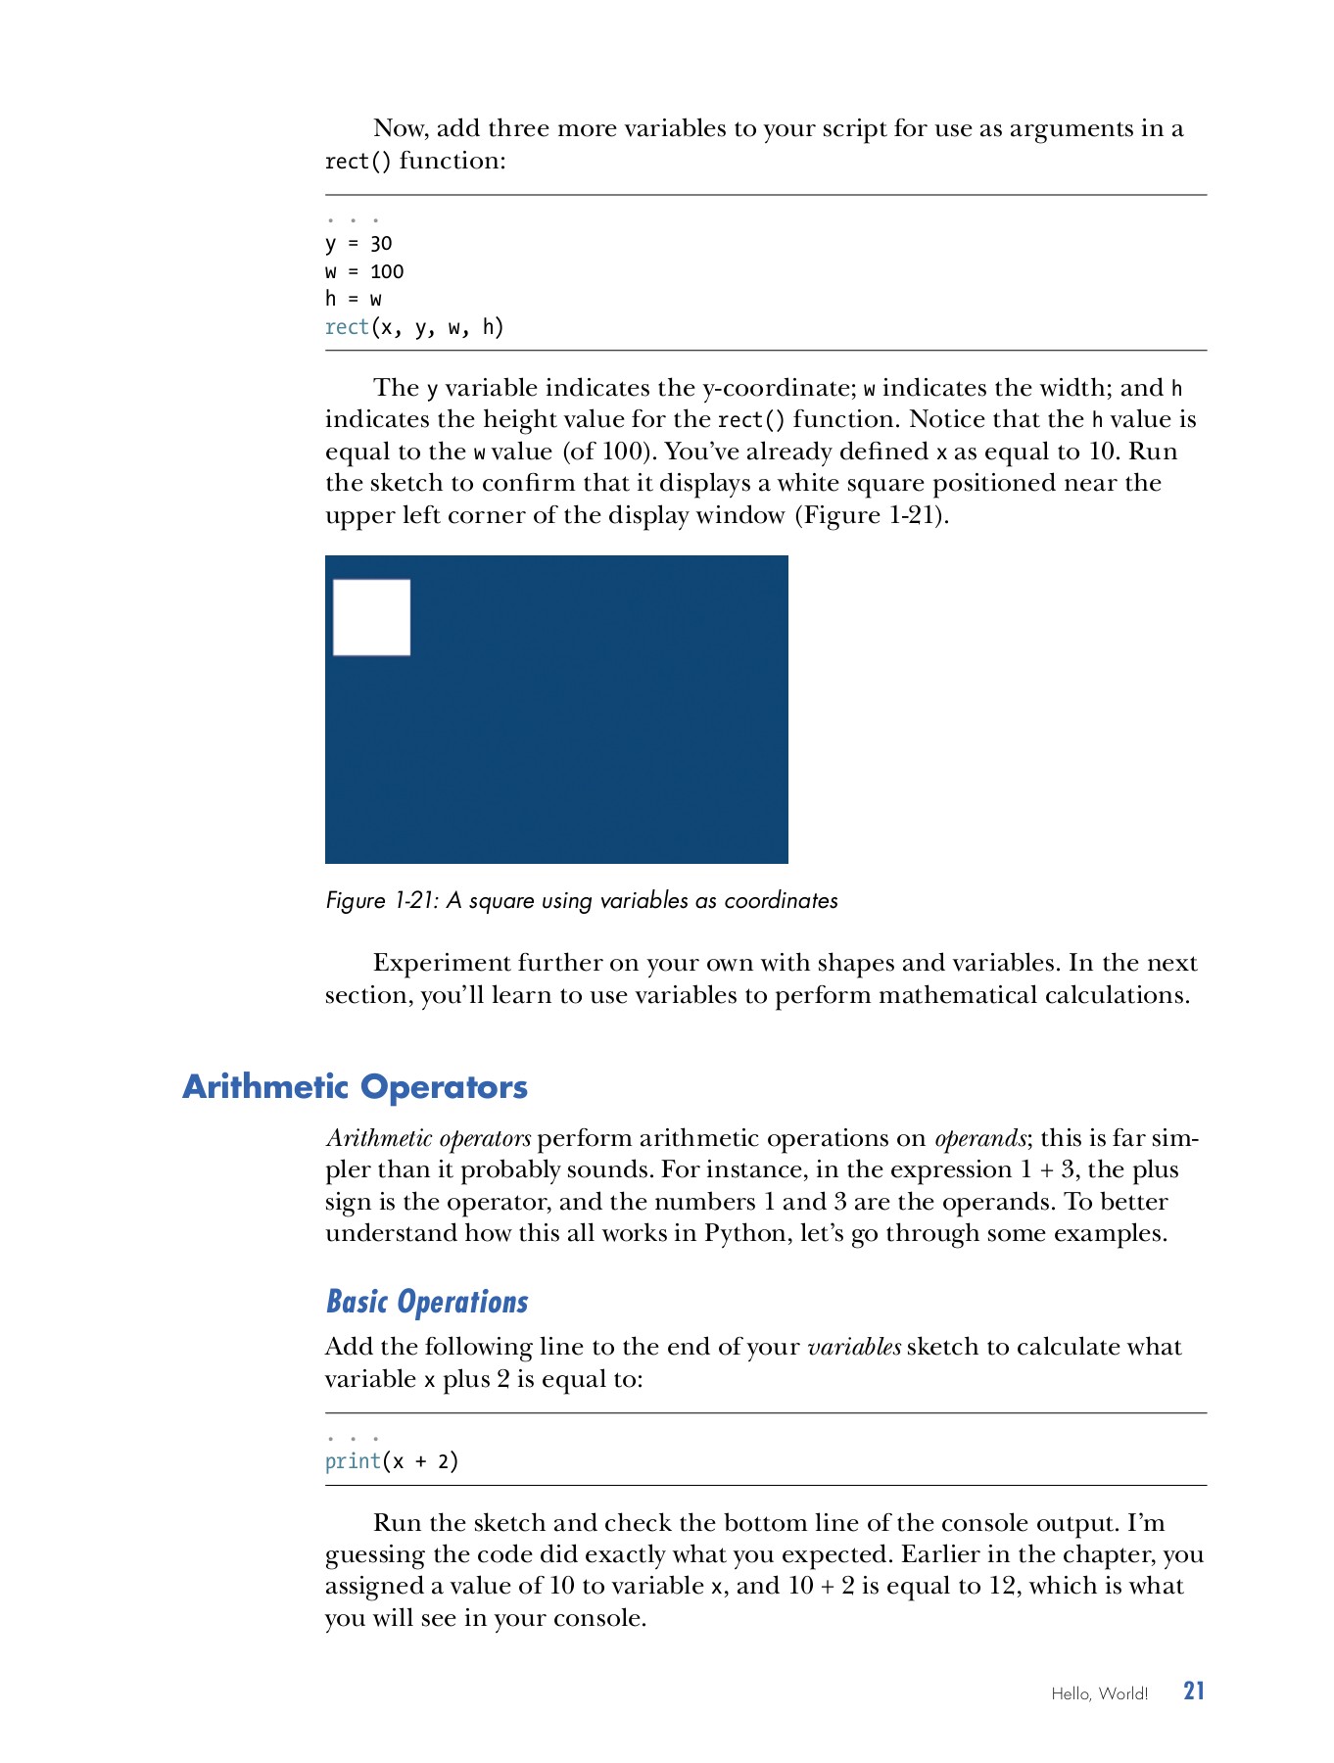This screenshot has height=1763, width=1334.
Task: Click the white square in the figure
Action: (x=371, y=617)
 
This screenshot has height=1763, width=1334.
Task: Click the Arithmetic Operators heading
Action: (x=355, y=1086)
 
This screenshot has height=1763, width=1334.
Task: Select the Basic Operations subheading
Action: (x=426, y=1302)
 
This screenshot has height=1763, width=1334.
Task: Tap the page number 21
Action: (x=1193, y=1692)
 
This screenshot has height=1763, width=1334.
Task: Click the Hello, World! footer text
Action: (x=1099, y=1693)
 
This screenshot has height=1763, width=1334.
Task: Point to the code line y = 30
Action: (x=358, y=244)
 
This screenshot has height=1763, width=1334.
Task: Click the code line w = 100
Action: (x=364, y=271)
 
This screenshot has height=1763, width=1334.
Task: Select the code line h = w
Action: (x=354, y=299)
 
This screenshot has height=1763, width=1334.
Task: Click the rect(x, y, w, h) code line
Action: (x=414, y=327)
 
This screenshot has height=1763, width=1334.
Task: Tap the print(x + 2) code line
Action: (x=392, y=1461)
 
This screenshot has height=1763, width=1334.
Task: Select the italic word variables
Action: (x=853, y=1347)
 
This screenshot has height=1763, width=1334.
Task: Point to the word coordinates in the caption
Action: (x=781, y=901)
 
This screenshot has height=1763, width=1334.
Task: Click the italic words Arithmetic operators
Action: (x=428, y=1138)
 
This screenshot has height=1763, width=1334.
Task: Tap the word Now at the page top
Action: (x=399, y=128)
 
